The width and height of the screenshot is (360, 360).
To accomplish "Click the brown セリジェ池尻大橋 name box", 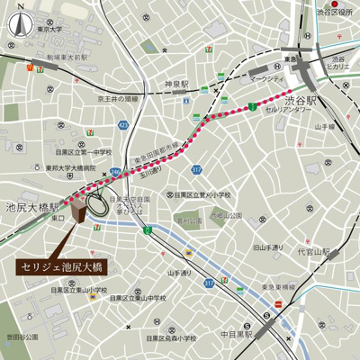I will coord(58,267).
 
